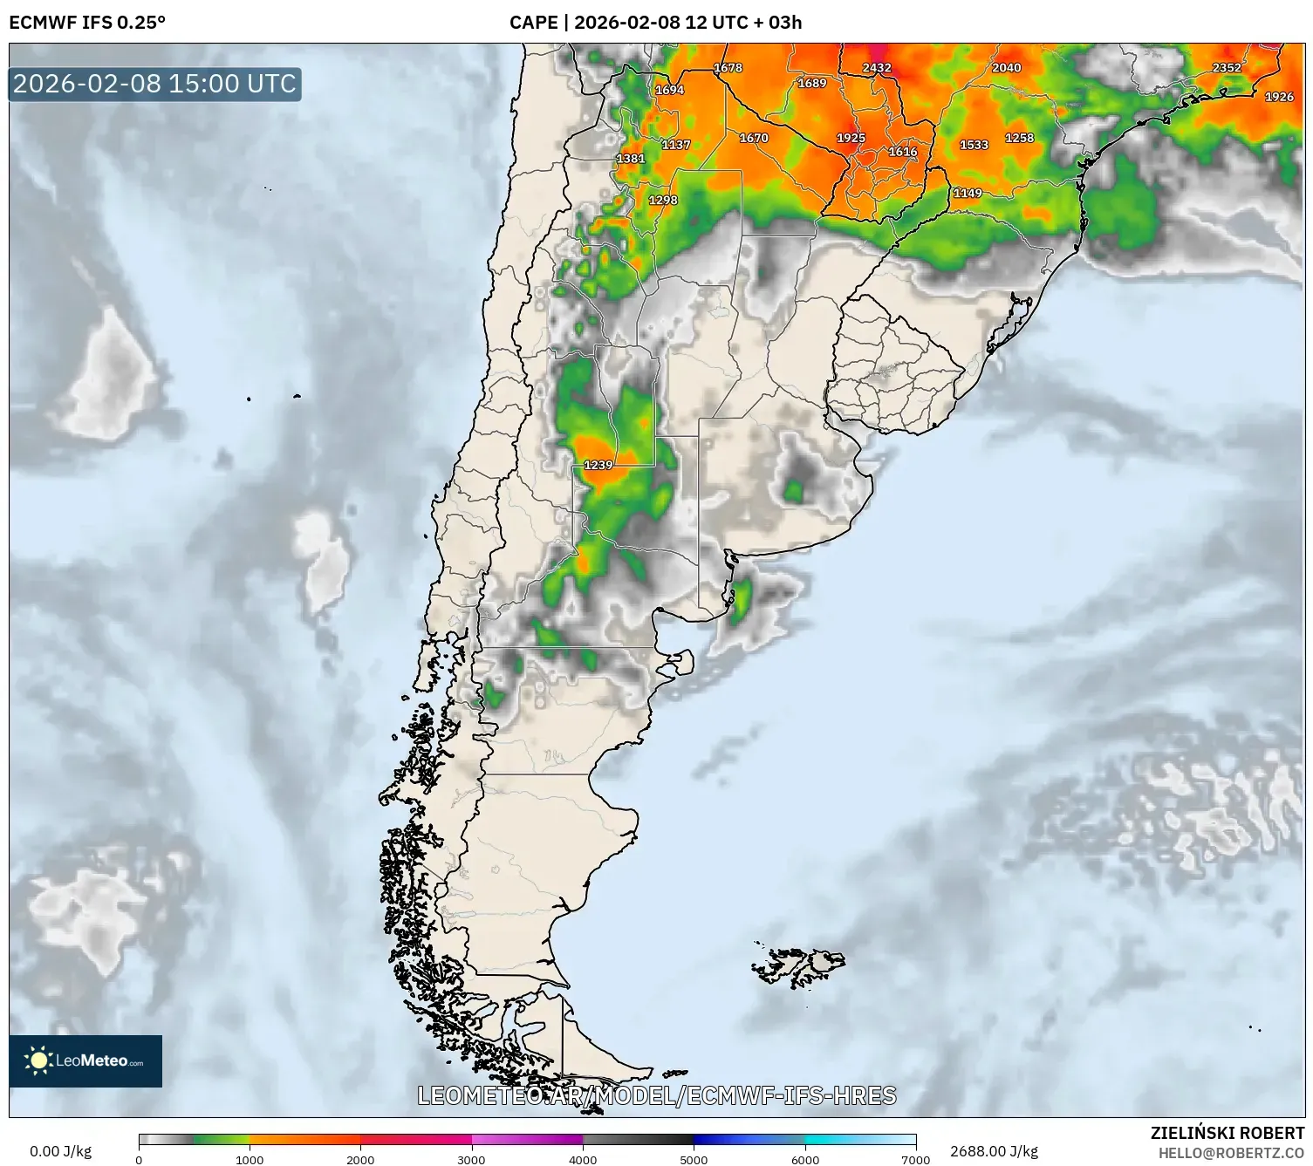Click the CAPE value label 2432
point(877,67)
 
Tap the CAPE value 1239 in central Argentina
point(598,465)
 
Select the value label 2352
point(1227,67)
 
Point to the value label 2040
point(1007,67)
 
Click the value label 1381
point(631,158)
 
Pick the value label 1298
point(663,200)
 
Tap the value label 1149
point(968,193)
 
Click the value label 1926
point(1279,97)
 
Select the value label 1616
point(903,152)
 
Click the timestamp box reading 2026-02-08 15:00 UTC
point(155,84)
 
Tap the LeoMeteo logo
point(85,1060)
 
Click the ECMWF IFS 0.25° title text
point(87,22)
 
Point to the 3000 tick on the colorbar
point(472,1159)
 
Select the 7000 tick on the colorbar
point(916,1159)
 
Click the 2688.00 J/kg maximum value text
point(995,1151)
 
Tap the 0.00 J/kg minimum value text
point(60,1151)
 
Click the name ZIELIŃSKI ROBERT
point(1227,1133)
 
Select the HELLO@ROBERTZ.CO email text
point(1231,1153)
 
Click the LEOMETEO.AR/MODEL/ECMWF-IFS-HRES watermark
point(657,1095)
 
